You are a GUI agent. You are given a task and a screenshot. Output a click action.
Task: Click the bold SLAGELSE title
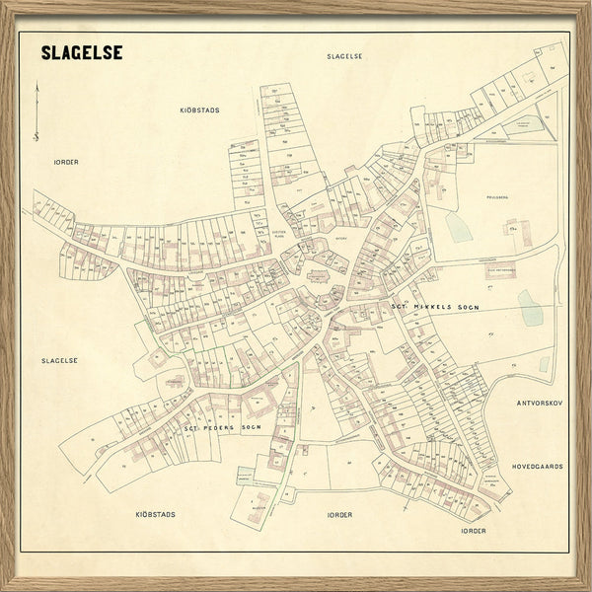pos(82,52)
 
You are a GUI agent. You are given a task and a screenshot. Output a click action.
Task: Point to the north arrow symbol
pos(37,111)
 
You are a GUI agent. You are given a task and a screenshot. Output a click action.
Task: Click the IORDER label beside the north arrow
pos(66,161)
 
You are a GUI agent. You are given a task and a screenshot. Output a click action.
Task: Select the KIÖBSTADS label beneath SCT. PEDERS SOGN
pos(155,514)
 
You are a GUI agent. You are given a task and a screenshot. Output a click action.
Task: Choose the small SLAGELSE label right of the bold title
pos(345,56)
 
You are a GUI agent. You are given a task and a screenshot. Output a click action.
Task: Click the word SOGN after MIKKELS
pos(467,307)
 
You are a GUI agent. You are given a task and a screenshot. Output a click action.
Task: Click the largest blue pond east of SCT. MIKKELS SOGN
pos(530,308)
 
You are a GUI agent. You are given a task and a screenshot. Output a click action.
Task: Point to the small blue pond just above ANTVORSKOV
pos(544,364)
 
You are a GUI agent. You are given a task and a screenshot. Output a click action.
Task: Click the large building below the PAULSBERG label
pos(515,233)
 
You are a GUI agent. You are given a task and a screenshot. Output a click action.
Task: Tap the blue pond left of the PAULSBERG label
pos(457,226)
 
